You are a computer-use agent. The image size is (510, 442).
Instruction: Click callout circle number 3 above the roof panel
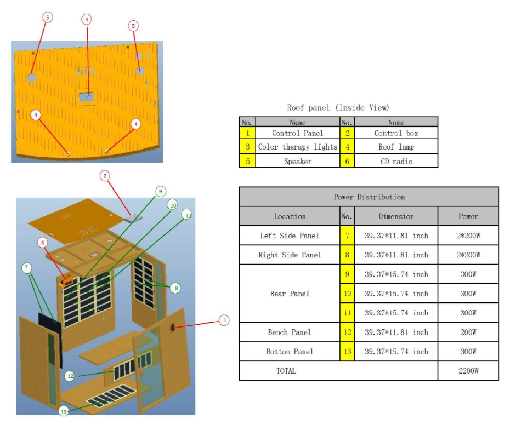click(86, 20)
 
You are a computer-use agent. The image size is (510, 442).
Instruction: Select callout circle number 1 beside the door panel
click(224, 320)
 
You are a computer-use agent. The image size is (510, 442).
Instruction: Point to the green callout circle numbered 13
click(64, 411)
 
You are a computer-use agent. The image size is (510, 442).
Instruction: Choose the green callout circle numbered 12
click(70, 376)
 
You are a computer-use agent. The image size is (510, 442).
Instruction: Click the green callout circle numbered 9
click(160, 191)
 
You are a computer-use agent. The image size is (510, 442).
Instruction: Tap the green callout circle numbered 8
click(174, 288)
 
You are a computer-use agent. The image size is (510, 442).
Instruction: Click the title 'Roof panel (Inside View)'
click(338, 108)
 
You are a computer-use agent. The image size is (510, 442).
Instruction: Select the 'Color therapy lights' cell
click(297, 147)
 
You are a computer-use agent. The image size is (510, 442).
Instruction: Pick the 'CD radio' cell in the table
click(396, 161)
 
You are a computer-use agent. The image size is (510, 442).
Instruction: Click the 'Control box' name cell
click(396, 133)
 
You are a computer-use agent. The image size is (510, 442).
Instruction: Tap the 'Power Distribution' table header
click(369, 197)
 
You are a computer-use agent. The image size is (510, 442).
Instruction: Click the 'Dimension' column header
click(396, 216)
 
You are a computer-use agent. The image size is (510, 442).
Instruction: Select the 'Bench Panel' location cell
click(290, 332)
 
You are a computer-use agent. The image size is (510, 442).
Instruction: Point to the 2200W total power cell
click(468, 371)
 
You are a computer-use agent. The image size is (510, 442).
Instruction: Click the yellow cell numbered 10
click(347, 294)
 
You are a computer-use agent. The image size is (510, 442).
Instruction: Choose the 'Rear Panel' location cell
click(290, 294)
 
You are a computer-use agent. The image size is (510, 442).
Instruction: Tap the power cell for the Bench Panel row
click(468, 332)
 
